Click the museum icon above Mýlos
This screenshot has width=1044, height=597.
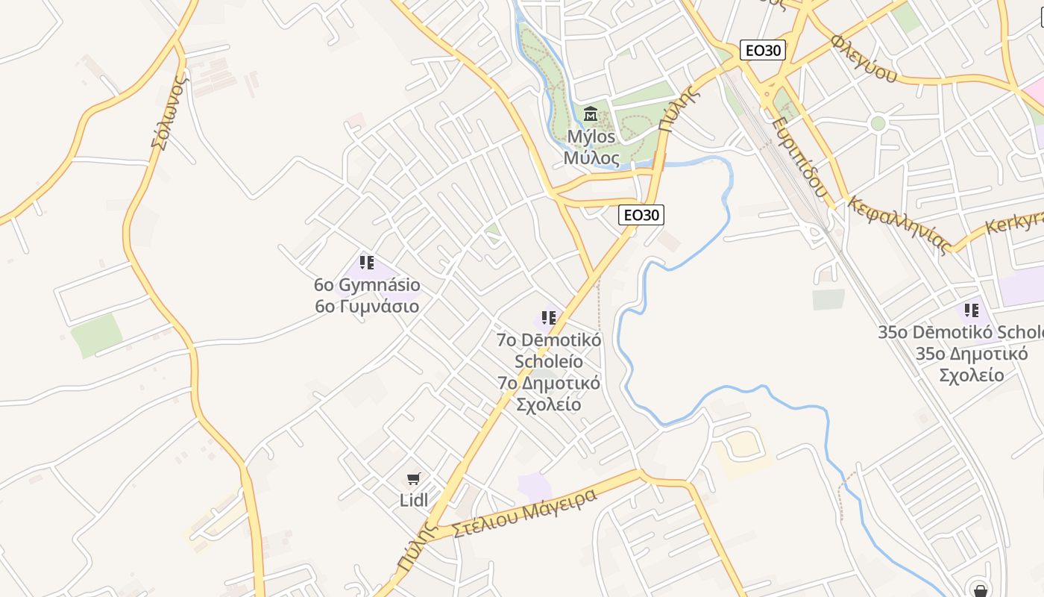591,114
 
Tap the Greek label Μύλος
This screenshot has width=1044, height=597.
591,158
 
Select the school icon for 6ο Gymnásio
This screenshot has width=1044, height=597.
367,263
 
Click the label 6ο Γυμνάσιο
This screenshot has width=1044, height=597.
367,307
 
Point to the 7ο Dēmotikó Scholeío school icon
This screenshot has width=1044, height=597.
550,318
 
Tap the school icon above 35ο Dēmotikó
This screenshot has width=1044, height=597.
972,310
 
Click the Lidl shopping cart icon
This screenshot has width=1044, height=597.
414,478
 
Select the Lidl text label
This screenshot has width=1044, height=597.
414,501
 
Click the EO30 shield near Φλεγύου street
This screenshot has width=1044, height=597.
763,51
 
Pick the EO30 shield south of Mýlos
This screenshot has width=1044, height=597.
641,215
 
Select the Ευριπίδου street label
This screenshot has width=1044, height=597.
799,157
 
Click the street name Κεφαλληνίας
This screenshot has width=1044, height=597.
899,225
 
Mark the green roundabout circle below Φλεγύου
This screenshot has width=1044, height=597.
878,123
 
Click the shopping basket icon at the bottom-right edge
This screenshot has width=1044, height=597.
981,588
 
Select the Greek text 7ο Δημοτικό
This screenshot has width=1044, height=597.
549,384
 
